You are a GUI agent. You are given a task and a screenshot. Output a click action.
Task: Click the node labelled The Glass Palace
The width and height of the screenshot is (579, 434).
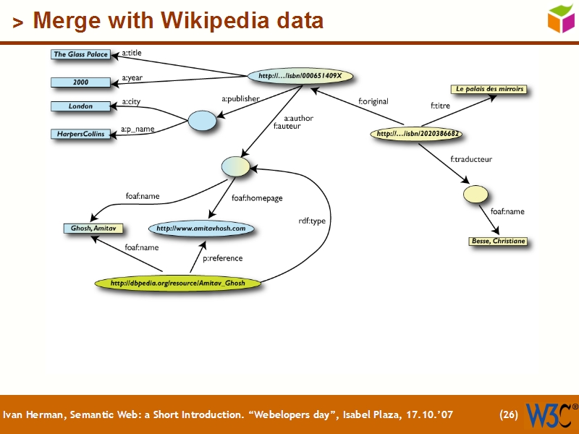point(80,54)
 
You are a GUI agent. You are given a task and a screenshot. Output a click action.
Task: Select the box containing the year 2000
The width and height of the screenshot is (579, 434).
point(80,82)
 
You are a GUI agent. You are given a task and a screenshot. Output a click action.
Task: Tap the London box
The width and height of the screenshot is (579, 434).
point(80,106)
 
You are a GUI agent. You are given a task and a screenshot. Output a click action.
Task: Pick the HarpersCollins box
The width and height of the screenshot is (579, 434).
point(80,134)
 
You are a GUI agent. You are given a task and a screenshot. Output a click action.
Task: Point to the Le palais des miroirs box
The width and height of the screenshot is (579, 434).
point(489,90)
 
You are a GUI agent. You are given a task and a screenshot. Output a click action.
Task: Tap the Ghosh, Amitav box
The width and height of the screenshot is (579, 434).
point(92,229)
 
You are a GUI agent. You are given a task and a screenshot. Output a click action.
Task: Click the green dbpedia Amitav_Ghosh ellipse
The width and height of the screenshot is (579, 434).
point(177,283)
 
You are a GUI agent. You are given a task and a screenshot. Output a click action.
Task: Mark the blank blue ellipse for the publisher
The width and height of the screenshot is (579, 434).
point(203,121)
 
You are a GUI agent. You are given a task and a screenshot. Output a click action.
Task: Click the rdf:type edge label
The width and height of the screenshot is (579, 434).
point(312,221)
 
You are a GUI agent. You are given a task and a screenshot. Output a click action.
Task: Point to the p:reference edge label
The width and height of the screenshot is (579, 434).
point(222,258)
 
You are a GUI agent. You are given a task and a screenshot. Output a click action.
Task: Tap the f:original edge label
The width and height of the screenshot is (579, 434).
point(373,102)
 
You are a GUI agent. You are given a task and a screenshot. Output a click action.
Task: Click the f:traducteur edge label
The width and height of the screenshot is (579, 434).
point(470,159)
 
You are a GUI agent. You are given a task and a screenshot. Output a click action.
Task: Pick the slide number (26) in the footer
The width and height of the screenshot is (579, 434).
point(509,415)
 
